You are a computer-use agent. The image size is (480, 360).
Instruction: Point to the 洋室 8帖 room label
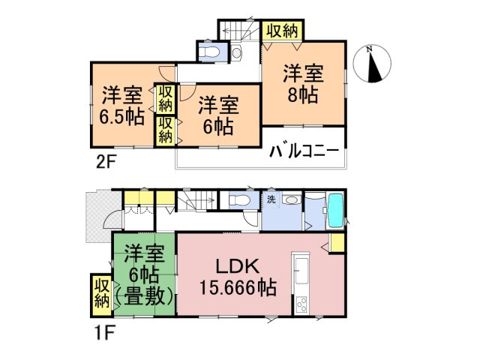(303, 84)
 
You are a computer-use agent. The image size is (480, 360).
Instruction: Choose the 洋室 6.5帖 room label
(122, 106)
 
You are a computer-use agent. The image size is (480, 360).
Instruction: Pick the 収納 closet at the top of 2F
(282, 31)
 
